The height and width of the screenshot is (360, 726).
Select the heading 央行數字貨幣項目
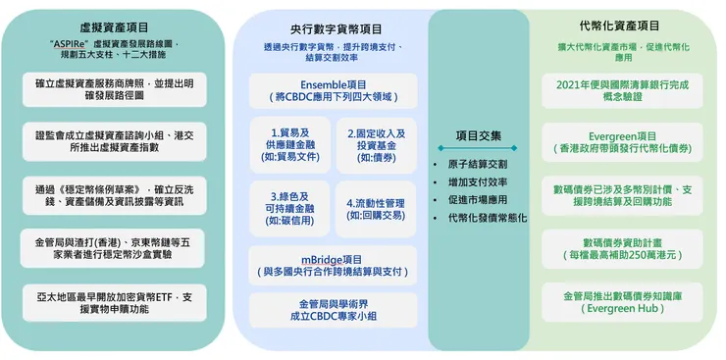click(337, 28)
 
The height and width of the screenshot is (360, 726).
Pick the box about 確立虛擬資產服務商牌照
click(120, 90)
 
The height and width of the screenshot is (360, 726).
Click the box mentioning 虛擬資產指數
click(120, 141)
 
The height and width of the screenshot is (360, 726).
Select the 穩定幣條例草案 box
click(120, 194)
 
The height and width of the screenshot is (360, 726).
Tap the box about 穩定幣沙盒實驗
click(120, 245)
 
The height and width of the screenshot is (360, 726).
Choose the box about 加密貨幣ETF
click(120, 301)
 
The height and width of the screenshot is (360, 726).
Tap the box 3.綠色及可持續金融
click(290, 208)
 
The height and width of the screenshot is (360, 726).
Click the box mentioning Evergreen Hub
click(622, 301)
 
